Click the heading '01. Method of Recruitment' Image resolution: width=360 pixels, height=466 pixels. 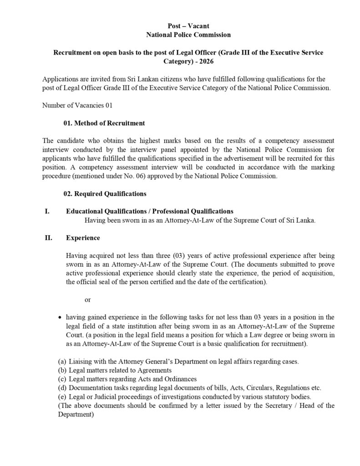coord(104,123)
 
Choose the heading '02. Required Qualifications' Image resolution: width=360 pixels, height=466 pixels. coord(105,194)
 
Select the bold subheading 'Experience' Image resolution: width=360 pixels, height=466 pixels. coord(83,238)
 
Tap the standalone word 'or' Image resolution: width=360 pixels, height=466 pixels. coord(88,300)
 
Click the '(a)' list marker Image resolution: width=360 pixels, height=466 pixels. coord(62,361)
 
